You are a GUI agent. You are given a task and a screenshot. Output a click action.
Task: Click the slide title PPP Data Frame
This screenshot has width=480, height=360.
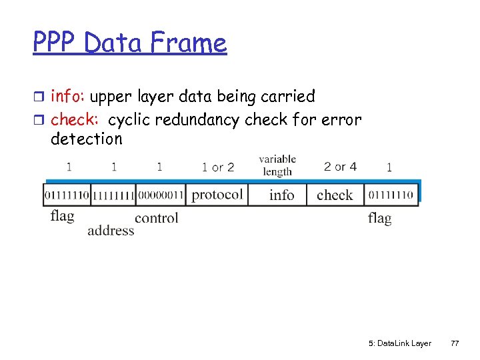pos(130,43)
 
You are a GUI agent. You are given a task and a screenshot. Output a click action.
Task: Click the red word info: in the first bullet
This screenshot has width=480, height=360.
pos(69,97)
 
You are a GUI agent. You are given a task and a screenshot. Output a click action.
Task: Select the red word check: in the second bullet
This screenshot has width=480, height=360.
pos(75,120)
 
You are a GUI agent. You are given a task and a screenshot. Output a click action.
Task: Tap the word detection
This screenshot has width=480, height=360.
pos(87,139)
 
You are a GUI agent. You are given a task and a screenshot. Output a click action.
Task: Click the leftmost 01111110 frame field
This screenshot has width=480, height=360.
pos(67,195)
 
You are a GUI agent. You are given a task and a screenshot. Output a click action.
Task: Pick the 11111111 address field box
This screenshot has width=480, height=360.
pos(113,195)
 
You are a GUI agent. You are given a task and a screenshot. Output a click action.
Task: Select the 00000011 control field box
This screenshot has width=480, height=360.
pos(160,195)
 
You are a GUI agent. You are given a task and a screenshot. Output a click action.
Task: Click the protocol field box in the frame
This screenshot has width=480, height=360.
pos(217,195)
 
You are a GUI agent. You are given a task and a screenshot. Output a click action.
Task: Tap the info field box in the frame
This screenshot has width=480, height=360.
pos(281,195)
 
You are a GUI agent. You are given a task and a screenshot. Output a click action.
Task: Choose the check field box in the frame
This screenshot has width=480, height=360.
pos(335,195)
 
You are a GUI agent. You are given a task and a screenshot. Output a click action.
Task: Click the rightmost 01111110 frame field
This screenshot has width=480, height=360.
pos(391,195)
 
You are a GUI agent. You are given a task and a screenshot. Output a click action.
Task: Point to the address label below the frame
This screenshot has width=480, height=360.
pos(111,231)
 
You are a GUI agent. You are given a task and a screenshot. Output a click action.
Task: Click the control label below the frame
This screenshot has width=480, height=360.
pos(157,218)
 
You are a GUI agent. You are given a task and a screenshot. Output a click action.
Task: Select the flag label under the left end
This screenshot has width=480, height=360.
pos(62,216)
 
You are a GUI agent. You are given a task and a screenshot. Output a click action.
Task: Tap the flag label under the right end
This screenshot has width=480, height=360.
pos(379,218)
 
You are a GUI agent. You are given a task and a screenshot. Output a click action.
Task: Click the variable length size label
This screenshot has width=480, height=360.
pos(277,165)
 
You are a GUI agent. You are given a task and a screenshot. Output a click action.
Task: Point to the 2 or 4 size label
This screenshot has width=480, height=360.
pos(340,166)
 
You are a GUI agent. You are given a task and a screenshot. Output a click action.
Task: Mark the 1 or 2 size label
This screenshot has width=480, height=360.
pos(218,167)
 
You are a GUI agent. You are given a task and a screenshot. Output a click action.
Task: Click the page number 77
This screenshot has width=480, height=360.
pos(455,343)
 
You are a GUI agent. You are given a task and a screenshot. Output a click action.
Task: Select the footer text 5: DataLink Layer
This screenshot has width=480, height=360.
pos(399,343)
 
